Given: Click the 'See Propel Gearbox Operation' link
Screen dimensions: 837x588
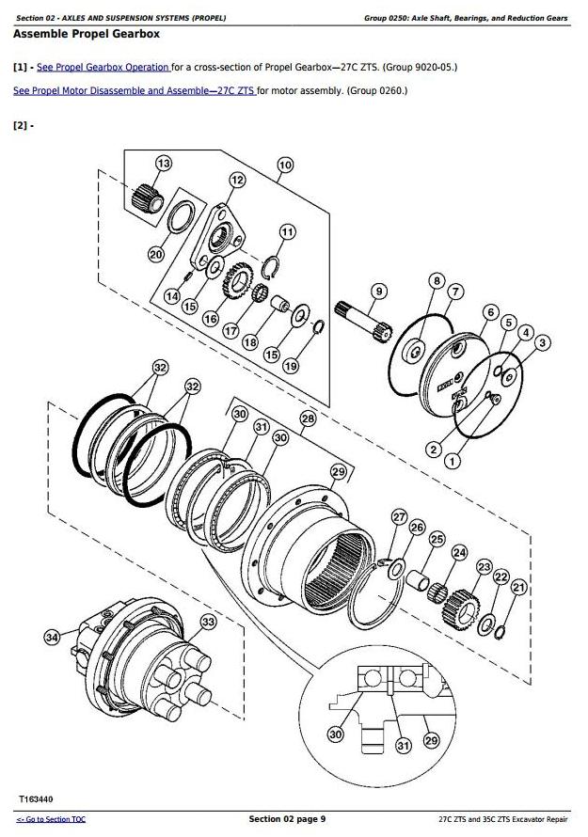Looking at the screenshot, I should point(103,68).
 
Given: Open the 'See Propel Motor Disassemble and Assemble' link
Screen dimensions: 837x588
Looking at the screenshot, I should point(134,90).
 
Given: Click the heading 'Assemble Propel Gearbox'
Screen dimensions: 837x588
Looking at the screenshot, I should point(86,34).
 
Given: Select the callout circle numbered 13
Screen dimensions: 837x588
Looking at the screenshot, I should point(164,164).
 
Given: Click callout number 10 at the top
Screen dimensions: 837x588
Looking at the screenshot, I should point(284,166).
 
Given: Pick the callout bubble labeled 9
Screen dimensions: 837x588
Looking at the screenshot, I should point(377,292).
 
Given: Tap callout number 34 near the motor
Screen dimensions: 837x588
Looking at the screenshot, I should point(52,640).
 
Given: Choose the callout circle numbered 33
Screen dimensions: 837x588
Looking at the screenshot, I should point(208,622).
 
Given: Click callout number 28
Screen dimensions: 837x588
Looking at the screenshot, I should point(308,418).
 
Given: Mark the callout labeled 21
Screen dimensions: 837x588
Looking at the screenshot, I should point(517,588).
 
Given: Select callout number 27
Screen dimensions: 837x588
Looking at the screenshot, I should point(400,517).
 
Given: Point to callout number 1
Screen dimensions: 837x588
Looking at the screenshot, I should point(453,461).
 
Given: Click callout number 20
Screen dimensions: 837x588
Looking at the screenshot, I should point(156,253).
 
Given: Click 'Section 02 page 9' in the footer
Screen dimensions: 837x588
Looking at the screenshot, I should point(287,819).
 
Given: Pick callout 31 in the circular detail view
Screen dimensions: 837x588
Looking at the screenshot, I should point(403,747).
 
